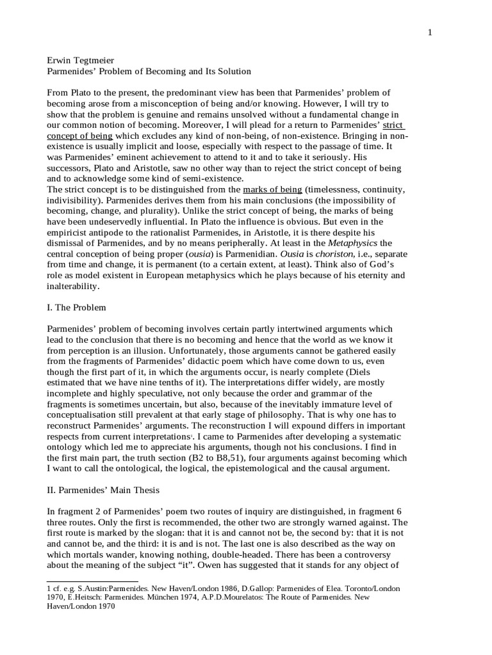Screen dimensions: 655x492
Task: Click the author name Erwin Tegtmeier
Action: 80,60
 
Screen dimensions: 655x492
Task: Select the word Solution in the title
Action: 229,71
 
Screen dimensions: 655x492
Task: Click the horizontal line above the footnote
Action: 84,582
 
